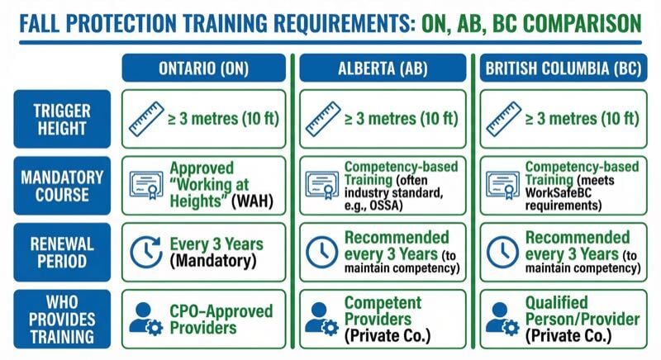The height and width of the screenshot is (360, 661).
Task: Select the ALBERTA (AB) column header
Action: click(383, 68)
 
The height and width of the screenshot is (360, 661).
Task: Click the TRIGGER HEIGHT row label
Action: click(60, 118)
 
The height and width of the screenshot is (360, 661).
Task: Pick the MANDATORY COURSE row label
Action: click(60, 186)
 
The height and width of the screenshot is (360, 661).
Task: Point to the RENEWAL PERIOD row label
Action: click(60, 253)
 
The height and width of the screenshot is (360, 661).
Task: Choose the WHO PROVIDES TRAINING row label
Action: click(60, 319)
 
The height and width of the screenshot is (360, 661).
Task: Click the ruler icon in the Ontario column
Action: click(145, 119)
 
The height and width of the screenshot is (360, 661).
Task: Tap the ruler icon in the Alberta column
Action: click(322, 119)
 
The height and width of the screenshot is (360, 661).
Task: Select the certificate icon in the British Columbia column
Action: click(502, 184)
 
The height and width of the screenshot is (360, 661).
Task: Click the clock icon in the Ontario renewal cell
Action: click(145, 252)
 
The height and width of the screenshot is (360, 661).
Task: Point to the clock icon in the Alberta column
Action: click(322, 253)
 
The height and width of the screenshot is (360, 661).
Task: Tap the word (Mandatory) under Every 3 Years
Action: click(212, 261)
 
